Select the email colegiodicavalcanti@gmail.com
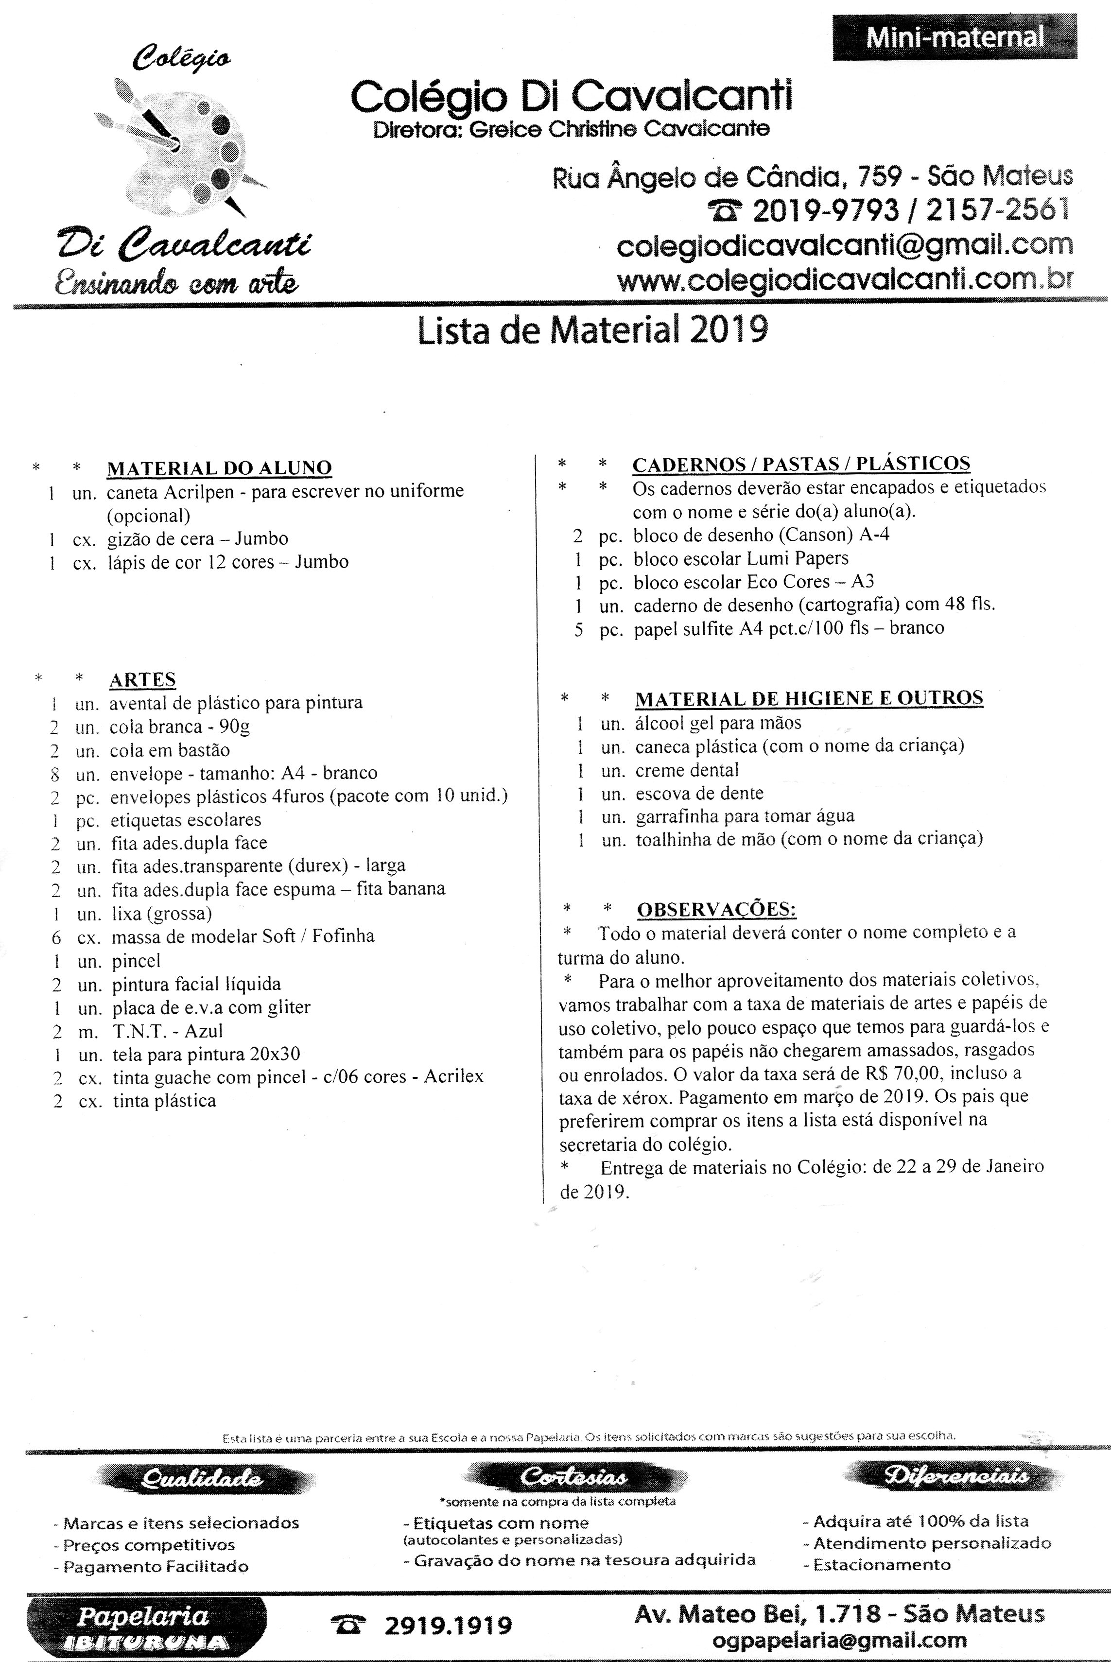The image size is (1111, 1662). click(845, 245)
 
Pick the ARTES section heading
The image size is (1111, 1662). click(142, 679)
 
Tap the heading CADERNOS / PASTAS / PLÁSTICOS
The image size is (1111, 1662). click(800, 464)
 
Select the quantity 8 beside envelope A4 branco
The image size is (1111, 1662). click(55, 773)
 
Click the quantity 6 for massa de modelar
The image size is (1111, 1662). click(57, 936)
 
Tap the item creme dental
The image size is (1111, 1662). click(687, 770)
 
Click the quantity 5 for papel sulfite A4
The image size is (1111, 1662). click(579, 628)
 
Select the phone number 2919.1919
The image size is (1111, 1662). click(447, 1625)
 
